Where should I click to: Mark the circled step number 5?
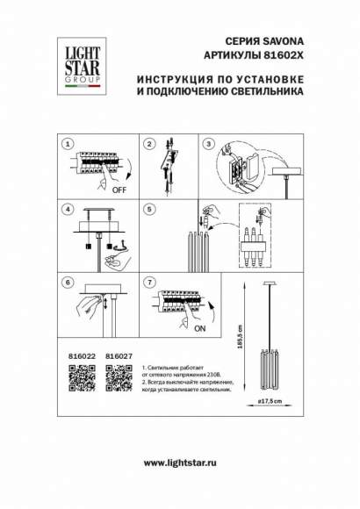pos(149,210)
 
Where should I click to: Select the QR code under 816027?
pos(118,378)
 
